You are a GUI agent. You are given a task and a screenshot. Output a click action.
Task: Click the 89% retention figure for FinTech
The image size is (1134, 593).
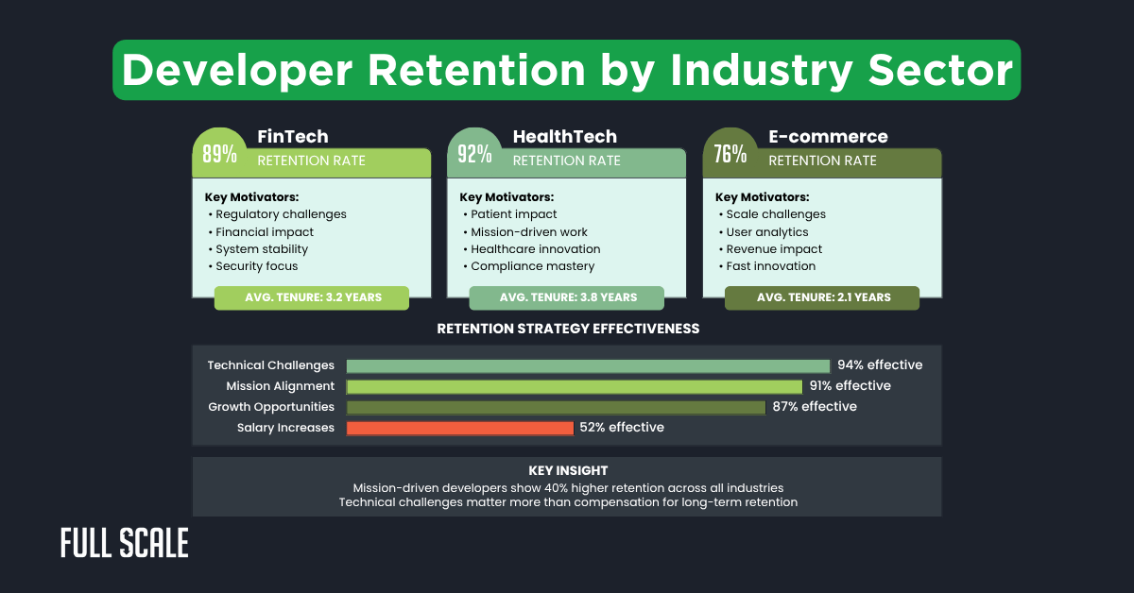click(219, 154)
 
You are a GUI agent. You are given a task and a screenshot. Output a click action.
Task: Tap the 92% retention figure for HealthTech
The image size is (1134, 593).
click(474, 154)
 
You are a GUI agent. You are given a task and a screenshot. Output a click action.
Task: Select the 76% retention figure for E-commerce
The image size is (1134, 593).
click(730, 154)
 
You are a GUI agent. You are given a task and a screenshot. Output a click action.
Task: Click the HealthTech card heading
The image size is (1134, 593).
click(564, 137)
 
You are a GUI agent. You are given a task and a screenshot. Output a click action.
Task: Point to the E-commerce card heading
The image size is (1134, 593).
click(828, 137)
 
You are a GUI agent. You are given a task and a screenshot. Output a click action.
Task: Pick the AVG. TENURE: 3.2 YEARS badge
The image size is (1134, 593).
click(312, 297)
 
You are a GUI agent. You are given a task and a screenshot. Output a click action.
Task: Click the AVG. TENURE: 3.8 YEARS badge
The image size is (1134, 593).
click(567, 297)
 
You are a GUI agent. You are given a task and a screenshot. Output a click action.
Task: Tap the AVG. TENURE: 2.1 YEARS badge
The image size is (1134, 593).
click(822, 297)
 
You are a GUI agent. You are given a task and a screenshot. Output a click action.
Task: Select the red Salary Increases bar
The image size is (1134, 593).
click(460, 428)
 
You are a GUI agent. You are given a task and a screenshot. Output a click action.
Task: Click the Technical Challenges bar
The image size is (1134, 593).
click(588, 365)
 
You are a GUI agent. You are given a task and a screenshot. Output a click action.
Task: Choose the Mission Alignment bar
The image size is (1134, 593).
click(574, 386)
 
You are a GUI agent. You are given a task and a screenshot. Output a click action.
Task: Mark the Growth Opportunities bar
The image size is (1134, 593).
click(556, 407)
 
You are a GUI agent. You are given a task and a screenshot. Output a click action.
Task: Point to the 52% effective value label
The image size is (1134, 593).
click(622, 428)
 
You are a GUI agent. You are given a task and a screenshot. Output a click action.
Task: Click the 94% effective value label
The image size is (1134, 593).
click(880, 365)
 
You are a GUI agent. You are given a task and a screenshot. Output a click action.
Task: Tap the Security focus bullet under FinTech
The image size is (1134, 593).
click(256, 266)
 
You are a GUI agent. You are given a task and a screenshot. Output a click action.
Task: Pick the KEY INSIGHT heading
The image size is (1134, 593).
click(568, 470)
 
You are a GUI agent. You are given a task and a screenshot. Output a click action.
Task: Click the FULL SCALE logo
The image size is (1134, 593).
click(124, 543)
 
